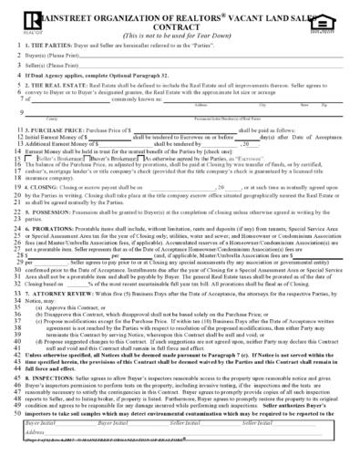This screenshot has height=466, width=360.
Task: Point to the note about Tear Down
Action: (180, 35)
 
